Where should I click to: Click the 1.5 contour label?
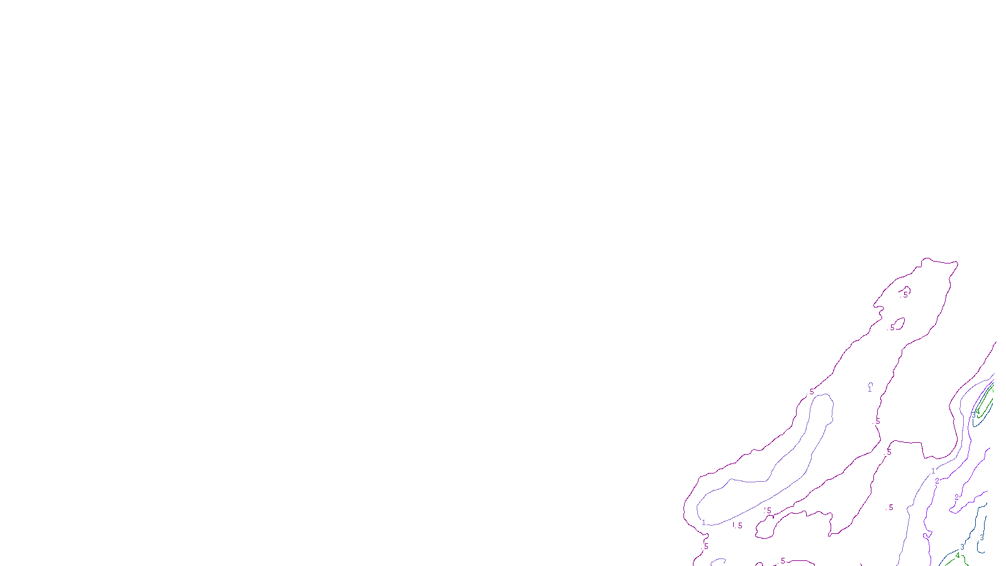[736, 525]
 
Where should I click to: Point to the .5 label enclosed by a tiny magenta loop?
[905, 294]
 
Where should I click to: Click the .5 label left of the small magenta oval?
[892, 328]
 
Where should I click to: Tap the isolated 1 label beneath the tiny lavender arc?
[870, 389]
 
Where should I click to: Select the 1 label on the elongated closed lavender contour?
[704, 523]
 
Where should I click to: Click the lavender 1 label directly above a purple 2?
[933, 471]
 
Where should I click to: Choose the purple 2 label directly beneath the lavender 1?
[937, 481]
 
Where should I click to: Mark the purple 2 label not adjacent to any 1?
[956, 497]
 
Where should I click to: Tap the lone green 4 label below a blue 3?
[958, 556]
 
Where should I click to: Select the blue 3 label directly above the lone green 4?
[962, 547]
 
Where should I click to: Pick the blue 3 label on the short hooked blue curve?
[981, 538]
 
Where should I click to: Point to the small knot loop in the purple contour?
[926, 536]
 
